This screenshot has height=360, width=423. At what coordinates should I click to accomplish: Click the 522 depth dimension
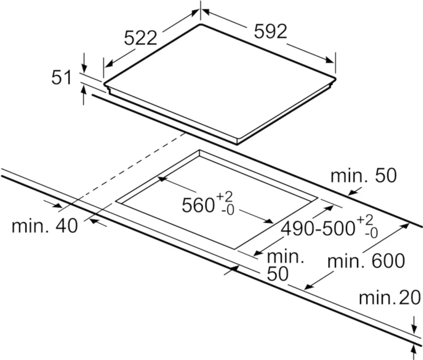(x=141, y=38)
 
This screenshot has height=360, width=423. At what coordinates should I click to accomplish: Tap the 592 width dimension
(x=270, y=31)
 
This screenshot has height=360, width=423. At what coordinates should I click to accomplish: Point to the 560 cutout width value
(x=198, y=205)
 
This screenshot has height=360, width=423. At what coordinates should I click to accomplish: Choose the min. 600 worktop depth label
(x=366, y=261)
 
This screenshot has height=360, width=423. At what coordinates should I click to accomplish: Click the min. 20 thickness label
(x=390, y=298)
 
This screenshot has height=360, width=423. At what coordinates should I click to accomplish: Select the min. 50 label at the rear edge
(x=364, y=176)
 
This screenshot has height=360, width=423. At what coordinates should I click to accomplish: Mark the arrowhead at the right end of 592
(x=330, y=60)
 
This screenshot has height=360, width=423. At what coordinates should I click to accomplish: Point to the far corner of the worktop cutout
(x=200, y=150)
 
